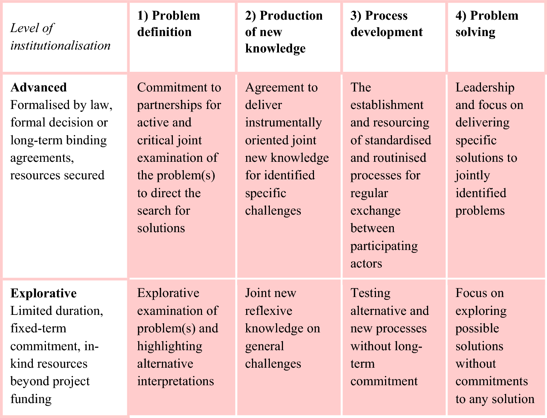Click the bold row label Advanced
coord(39,87)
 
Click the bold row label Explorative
coord(44,293)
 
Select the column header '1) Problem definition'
coord(169,24)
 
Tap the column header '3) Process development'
coord(387,24)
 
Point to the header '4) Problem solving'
coord(487,24)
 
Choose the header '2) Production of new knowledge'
coord(284,32)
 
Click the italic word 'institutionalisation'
coord(60,46)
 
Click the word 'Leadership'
coord(485,87)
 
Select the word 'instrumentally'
coord(283,123)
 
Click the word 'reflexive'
coord(269,311)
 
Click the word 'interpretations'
coord(175,382)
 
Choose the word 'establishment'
coord(387,105)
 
